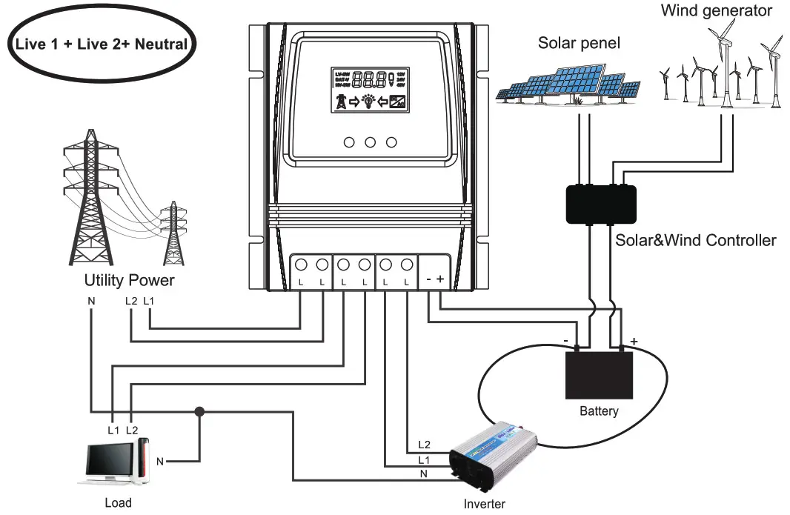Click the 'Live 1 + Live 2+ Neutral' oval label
click(101, 44)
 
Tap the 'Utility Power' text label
click(129, 281)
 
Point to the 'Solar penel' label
click(579, 44)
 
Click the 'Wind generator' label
click(716, 10)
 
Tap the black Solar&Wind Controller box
click(600, 203)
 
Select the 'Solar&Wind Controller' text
click(695, 241)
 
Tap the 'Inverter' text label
click(484, 505)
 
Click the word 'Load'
click(118, 503)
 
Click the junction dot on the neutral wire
click(199, 411)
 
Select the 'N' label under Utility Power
click(90, 302)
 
